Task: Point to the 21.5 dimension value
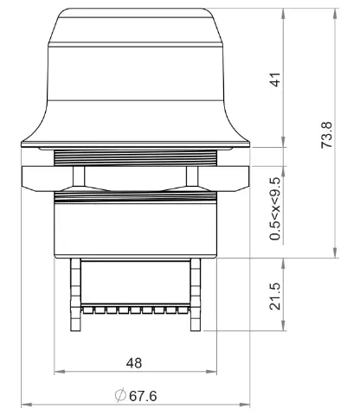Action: pyautogui.click(x=275, y=294)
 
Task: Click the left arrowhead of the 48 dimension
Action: pyautogui.click(x=58, y=373)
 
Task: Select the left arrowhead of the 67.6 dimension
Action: pyautogui.click(x=25, y=404)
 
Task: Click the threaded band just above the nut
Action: pyautogui.click(x=135, y=156)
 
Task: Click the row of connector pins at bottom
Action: pyautogui.click(x=135, y=308)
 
